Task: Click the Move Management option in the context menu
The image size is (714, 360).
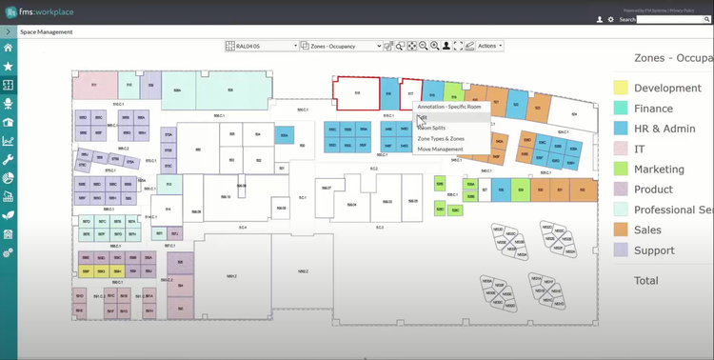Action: (440, 149)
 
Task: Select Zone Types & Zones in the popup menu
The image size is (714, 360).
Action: (441, 138)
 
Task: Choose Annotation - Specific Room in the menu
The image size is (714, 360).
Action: (448, 107)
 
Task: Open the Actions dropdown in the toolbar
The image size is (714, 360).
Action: (489, 46)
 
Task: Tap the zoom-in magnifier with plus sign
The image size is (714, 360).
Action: (434, 46)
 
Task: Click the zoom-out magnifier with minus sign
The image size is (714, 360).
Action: (423, 46)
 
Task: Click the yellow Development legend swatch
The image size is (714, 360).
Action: (620, 89)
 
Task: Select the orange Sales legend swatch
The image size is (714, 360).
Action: (620, 230)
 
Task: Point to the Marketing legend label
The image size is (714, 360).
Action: (659, 169)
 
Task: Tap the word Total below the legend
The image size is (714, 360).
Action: (646, 280)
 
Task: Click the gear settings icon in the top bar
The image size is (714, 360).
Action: (610, 19)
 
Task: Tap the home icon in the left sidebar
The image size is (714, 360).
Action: (9, 48)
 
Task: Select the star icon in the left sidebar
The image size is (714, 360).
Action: (9, 67)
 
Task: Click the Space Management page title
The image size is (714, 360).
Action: (47, 31)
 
